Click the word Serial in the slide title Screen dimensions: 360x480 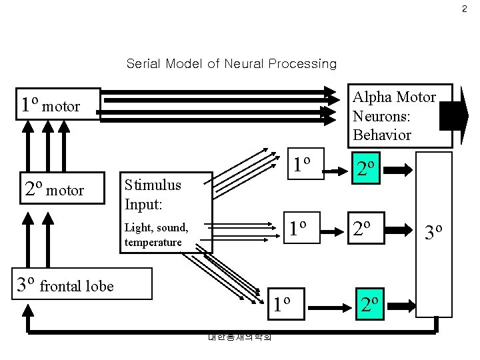(142, 64)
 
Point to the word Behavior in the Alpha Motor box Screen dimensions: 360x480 (382, 135)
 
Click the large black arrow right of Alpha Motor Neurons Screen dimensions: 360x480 (454, 115)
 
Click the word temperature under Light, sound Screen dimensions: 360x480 (153, 242)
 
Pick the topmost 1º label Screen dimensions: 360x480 (303, 163)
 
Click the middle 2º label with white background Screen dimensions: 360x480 (367, 229)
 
